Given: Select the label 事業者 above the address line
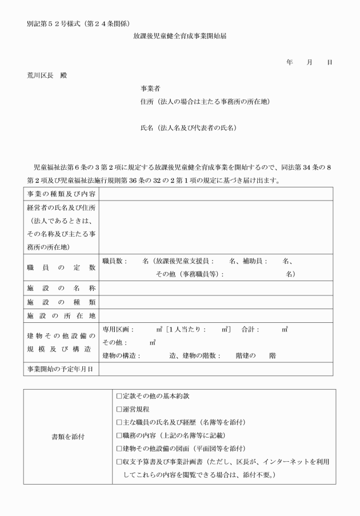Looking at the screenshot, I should [151, 89].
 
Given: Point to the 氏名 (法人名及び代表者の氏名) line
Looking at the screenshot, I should [189, 128].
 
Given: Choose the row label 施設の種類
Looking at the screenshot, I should [61, 302].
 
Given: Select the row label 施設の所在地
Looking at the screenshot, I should [61, 315].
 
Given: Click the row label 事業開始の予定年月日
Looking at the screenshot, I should [61, 369].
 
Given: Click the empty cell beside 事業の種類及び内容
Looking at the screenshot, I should [216, 194].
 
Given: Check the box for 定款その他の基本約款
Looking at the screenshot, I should [119, 397].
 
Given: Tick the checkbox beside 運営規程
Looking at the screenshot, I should [119, 410].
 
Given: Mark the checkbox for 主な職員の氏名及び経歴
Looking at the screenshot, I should [119, 422].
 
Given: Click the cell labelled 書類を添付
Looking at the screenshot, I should [68, 437].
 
